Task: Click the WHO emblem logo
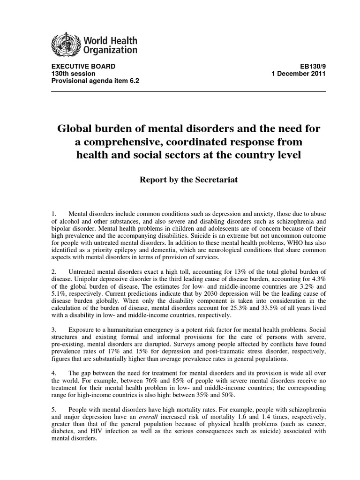pos(65,45)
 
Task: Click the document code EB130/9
pos(310,67)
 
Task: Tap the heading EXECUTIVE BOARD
pos(82,67)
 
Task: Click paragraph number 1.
pos(53,214)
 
